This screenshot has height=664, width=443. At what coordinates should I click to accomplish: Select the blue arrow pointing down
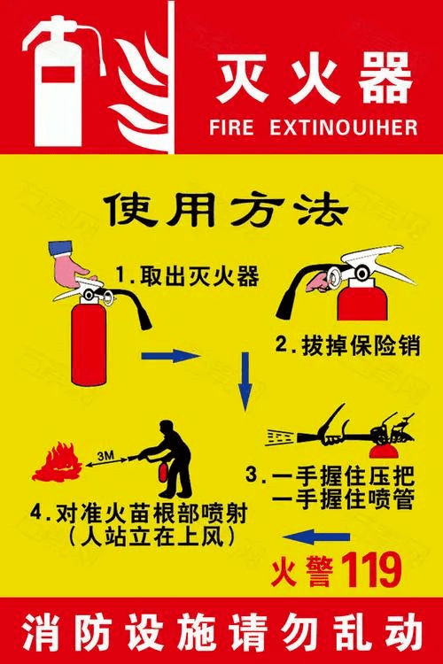(245, 381)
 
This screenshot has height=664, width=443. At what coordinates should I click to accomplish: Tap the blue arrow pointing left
(316, 537)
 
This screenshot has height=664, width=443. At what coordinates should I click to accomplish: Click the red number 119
(371, 570)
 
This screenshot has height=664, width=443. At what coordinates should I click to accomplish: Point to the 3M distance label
(105, 456)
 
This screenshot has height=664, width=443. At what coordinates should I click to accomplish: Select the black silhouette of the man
(166, 459)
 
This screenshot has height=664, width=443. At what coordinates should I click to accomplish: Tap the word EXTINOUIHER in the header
(344, 127)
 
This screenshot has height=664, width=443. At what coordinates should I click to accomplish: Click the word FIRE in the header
(232, 127)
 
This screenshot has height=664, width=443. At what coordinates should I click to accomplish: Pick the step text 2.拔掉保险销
(347, 345)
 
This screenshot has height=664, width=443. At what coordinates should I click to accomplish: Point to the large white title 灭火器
(315, 78)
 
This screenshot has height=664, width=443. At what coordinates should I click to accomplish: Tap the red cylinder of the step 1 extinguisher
(89, 342)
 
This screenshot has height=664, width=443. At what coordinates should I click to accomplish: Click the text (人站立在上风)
(151, 537)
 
